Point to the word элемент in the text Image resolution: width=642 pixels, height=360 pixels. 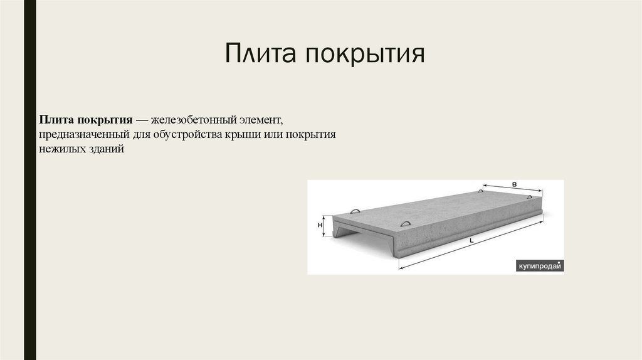[x=263, y=119]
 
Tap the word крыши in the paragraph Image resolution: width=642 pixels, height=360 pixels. [x=239, y=135]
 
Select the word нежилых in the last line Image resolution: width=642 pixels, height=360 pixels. [x=58, y=151]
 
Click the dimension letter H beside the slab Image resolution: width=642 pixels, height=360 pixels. [x=320, y=225]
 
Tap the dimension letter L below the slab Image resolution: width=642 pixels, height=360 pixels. [x=470, y=241]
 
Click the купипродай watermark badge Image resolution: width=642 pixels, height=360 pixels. [x=539, y=266]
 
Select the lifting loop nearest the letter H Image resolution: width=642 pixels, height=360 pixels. [x=355, y=211]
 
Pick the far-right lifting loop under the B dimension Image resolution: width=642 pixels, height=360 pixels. [x=530, y=197]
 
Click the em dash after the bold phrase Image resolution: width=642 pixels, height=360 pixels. [x=140, y=119]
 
